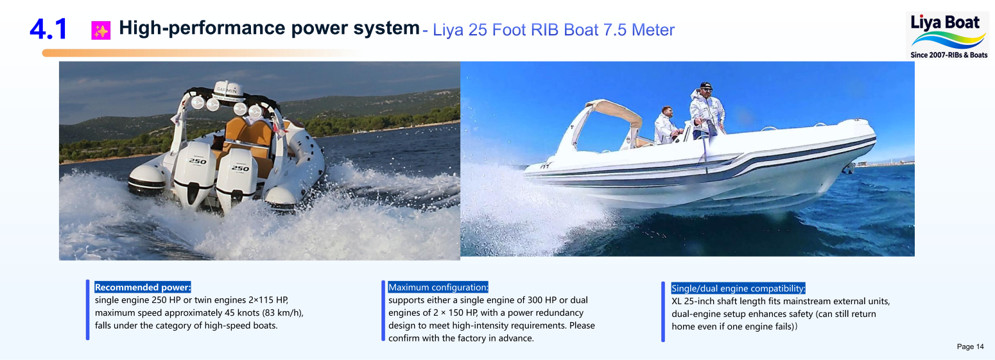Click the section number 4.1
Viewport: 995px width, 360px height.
(48, 29)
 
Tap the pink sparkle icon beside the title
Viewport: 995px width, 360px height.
(101, 30)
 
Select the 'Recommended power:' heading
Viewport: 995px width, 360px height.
(143, 287)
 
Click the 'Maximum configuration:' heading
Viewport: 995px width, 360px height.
(438, 287)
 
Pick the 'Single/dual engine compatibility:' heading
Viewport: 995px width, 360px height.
(738, 288)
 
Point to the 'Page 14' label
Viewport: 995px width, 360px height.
(970, 347)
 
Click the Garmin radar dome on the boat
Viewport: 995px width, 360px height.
(229, 89)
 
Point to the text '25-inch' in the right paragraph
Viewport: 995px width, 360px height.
(700, 301)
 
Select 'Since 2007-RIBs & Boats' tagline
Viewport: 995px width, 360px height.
(949, 55)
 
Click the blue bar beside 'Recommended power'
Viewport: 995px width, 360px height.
(88, 309)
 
